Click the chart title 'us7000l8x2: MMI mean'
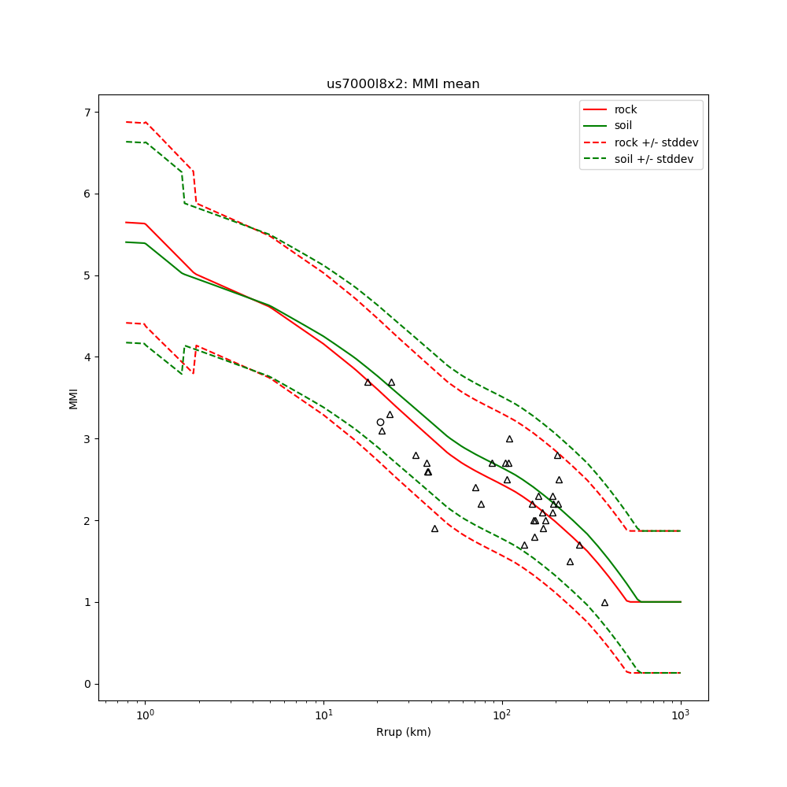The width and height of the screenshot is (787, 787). click(x=403, y=84)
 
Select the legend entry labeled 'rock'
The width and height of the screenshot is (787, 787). click(x=626, y=109)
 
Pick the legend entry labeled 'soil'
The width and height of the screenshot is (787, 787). click(x=623, y=126)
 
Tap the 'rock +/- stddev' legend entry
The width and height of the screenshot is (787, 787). click(x=656, y=142)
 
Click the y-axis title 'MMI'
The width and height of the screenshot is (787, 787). click(x=73, y=397)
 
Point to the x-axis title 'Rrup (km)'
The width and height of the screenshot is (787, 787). click(x=403, y=732)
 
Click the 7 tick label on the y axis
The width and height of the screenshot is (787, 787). click(x=87, y=112)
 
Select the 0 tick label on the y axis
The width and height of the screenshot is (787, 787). click(x=87, y=684)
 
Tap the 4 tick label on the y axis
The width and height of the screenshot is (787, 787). click(x=87, y=357)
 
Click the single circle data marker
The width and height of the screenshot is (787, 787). click(x=380, y=422)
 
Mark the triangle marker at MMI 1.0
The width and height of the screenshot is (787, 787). click(x=604, y=602)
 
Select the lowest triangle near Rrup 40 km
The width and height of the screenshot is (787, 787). click(x=434, y=528)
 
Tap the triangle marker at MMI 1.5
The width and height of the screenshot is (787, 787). click(x=570, y=561)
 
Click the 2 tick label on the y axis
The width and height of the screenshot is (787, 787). click(x=87, y=520)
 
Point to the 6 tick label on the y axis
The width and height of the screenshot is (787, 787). click(x=87, y=194)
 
